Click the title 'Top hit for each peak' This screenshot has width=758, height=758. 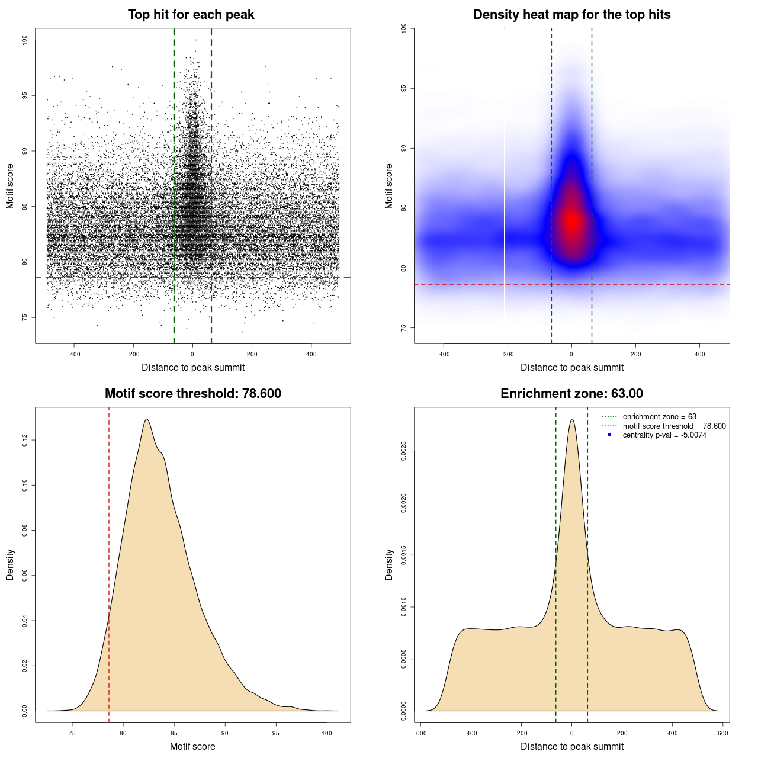[x=191, y=15]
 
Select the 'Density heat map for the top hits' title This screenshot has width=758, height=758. [x=571, y=15]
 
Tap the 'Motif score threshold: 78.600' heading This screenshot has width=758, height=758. [x=192, y=394]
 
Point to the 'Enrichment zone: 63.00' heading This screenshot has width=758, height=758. [x=571, y=394]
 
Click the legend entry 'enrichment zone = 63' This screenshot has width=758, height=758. [x=659, y=417]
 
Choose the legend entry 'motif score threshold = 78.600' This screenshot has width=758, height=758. [x=674, y=426]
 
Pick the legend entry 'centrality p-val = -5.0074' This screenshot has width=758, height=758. [x=664, y=435]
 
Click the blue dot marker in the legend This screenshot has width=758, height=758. [x=609, y=435]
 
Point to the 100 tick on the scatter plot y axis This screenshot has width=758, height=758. [x=24, y=40]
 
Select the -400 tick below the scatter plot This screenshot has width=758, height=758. [x=74, y=354]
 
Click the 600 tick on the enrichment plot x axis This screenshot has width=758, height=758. [x=722, y=733]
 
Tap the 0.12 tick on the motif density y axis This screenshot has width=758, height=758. [x=24, y=440]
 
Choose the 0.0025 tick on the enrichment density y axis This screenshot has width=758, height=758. [x=403, y=451]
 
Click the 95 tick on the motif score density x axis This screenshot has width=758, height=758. [x=276, y=733]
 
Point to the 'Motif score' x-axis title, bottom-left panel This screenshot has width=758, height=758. [x=192, y=746]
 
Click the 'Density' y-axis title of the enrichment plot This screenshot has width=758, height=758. [x=389, y=564]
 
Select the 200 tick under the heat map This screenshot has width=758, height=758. [x=635, y=354]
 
